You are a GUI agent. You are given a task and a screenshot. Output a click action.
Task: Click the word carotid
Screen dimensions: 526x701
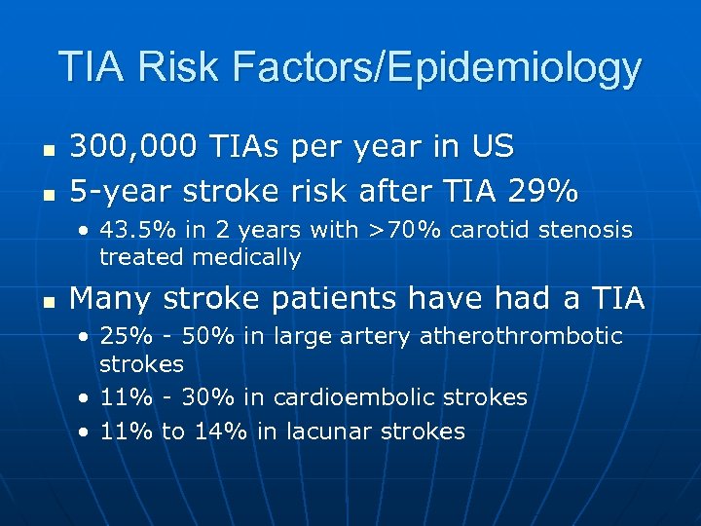pyautogui.click(x=462, y=231)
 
